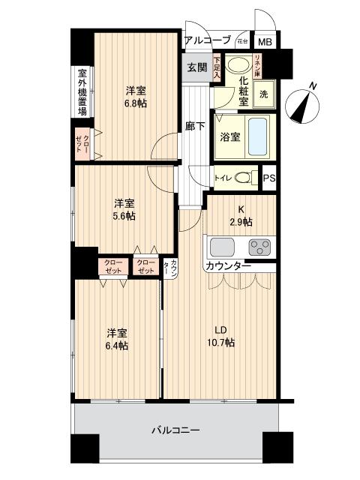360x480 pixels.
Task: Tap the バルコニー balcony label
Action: point(175,430)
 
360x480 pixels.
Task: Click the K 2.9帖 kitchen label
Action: point(241,216)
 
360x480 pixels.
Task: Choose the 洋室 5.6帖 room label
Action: point(124,209)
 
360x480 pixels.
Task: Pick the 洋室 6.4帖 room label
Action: point(115,339)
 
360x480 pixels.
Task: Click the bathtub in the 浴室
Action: point(256,136)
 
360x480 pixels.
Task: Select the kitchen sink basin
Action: point(223,247)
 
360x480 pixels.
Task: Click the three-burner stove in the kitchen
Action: point(260,246)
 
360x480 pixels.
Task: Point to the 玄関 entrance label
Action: point(196,67)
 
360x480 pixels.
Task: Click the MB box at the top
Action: point(265,43)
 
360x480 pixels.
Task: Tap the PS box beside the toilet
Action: point(269,178)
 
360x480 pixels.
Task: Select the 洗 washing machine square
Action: point(263,94)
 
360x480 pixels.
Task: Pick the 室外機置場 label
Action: point(82,93)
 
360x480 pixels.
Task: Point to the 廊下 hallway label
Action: point(194,126)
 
